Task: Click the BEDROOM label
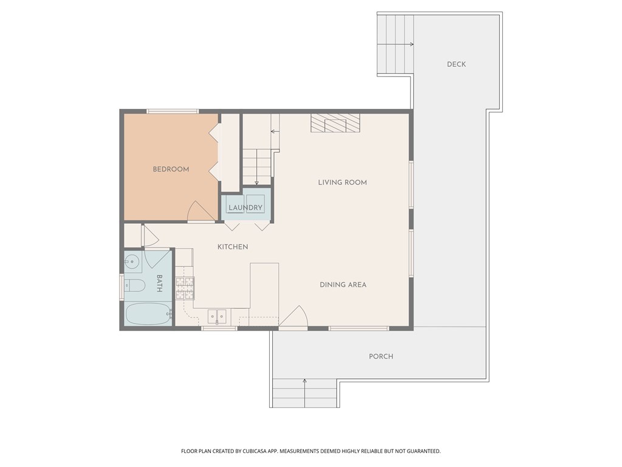point(171,170)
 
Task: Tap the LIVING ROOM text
point(342,182)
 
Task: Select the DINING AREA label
point(343,285)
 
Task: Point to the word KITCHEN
point(233,247)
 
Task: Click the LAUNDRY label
point(245,208)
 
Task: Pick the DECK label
point(456,64)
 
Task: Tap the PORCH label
point(381,356)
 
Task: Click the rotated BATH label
point(160,283)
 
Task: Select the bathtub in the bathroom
point(148,314)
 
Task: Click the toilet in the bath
point(134,286)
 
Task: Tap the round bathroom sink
point(132,261)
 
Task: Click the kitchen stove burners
point(185,287)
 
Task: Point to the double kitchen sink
point(217,316)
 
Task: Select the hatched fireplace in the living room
point(335,123)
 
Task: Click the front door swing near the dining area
point(294,317)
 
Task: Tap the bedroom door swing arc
point(200,212)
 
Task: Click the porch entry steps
point(304,393)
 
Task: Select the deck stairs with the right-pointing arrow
point(395,44)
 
